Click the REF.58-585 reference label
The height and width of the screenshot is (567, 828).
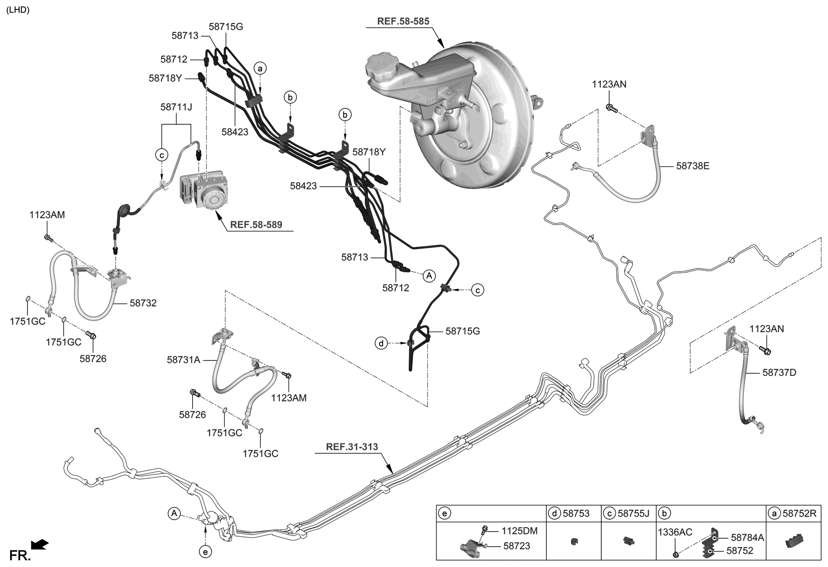coord(403,21)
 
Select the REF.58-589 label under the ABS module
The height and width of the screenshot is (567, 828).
coord(256,225)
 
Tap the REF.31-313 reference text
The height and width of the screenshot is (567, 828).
coord(352,447)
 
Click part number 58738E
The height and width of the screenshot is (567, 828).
coord(693,166)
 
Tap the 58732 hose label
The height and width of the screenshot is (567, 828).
coord(143,303)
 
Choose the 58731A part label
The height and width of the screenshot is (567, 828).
coord(183,360)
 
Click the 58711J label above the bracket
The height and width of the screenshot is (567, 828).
coord(176,107)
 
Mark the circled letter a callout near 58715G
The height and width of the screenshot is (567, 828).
coord(260,68)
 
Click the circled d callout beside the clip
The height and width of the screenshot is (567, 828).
coord(381,343)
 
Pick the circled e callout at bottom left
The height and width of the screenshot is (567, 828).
coord(205,552)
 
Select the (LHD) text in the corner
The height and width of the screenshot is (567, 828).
coord(18,10)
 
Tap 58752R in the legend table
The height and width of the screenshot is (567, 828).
coord(799,513)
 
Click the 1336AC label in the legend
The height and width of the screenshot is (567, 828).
coord(675,532)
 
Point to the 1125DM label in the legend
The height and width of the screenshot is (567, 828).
coord(519,531)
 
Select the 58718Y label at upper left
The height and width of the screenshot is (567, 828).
coord(165,78)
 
